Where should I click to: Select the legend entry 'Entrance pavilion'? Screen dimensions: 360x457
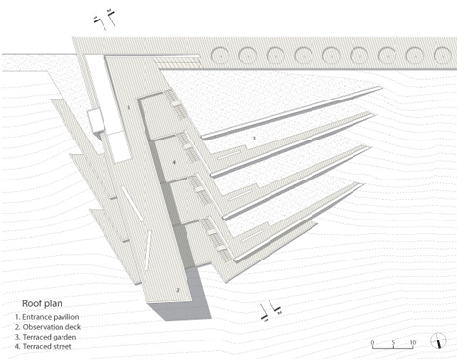tap(50, 317)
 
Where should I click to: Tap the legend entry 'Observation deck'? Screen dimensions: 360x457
tap(50, 328)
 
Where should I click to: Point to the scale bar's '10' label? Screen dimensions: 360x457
tap(413, 341)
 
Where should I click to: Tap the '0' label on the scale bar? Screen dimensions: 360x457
tap(374, 341)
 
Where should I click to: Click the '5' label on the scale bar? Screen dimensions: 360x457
tap(393, 341)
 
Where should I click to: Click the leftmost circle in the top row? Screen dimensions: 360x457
tap(217, 53)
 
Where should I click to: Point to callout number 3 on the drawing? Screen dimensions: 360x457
tap(253, 140)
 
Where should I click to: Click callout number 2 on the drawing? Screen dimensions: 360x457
tap(177, 290)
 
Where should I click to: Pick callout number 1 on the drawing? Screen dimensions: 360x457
tap(126, 104)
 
